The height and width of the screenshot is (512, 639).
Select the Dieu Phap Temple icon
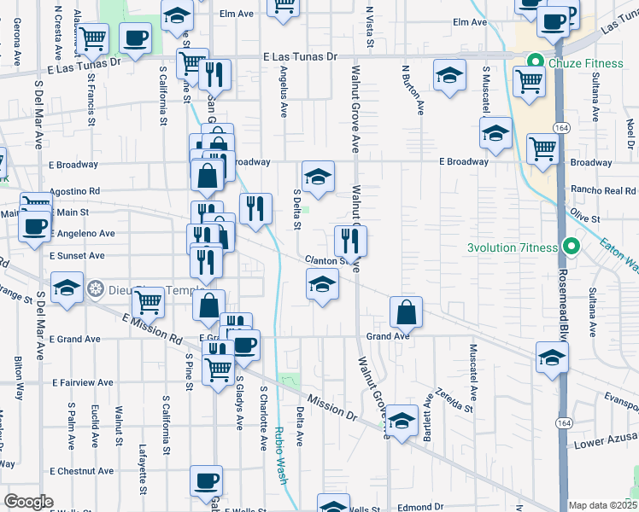click(x=97, y=288)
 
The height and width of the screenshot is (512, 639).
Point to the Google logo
click(x=28, y=502)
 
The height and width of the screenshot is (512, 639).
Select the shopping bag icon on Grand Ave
click(x=407, y=312)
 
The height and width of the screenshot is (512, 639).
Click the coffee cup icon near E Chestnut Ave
click(x=205, y=480)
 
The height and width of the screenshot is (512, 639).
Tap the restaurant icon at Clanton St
click(x=350, y=240)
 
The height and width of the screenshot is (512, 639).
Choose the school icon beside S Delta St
click(x=317, y=177)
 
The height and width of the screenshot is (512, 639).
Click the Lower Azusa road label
click(x=606, y=440)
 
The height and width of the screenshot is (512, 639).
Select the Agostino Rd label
click(x=75, y=191)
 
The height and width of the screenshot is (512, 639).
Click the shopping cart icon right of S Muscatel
click(x=530, y=82)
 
